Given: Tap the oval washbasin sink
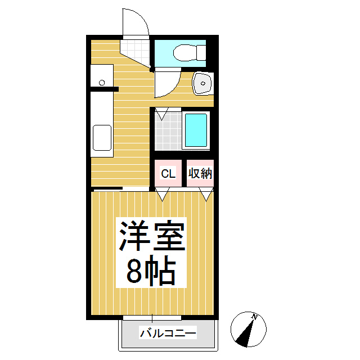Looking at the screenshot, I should [x=202, y=84].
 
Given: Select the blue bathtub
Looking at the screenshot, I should [x=196, y=131].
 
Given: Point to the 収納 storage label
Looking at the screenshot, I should [x=200, y=173].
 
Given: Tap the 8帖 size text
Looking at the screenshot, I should [x=151, y=272].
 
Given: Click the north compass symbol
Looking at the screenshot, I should [x=247, y=328].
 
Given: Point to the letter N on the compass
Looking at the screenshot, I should [x=254, y=317].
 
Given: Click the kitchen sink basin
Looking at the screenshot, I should [x=102, y=138].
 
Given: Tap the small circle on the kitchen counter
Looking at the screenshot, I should [x=102, y=83].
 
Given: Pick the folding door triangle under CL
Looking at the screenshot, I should [x=163, y=195].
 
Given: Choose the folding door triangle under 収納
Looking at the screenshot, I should [x=206, y=195].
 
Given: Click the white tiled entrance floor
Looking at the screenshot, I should [x=135, y=49].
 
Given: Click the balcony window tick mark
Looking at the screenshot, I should [x=152, y=318].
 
